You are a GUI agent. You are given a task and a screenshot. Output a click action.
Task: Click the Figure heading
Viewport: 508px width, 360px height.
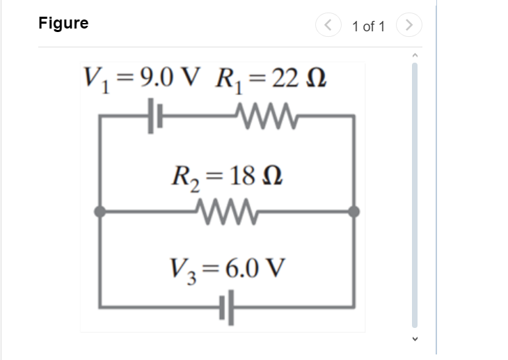(x=63, y=23)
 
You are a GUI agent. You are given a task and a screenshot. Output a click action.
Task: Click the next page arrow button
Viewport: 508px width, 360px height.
(x=410, y=26)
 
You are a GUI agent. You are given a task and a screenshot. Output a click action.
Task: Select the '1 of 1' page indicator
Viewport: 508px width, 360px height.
(x=368, y=26)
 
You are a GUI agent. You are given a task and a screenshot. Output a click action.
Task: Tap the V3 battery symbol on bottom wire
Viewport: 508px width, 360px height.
(x=228, y=306)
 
